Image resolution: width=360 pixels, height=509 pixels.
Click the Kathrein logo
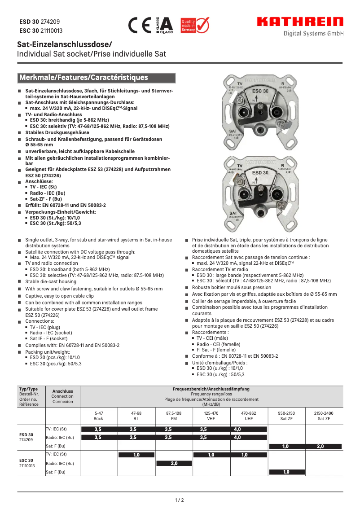click(x=300, y=22)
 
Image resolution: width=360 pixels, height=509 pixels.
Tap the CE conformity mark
click(x=139, y=26)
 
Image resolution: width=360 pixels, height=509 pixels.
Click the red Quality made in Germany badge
click(x=194, y=26)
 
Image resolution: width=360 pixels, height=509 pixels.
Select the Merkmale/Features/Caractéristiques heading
click(x=83, y=78)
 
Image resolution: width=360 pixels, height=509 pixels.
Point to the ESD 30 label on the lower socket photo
click(x=260, y=172)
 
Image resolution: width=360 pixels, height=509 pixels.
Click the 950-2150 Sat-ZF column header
click(x=286, y=416)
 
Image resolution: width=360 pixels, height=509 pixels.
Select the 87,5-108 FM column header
click(x=174, y=416)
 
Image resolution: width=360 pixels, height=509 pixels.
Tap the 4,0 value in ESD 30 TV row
click(x=237, y=429)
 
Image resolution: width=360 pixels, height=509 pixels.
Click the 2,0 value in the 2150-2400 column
click(x=320, y=446)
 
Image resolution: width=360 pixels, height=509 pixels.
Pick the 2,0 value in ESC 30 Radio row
click(x=174, y=463)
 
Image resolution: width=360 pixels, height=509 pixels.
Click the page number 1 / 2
click(x=180, y=500)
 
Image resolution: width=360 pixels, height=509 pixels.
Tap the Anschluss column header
click(x=62, y=396)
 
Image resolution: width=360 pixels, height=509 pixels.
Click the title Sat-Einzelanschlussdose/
click(x=64, y=44)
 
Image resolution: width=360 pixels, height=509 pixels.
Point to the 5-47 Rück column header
click(x=98, y=416)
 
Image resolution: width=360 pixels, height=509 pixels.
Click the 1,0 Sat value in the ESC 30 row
click(x=286, y=472)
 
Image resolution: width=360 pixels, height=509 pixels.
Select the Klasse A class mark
click(x=164, y=26)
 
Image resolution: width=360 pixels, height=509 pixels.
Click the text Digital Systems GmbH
click(x=313, y=34)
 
